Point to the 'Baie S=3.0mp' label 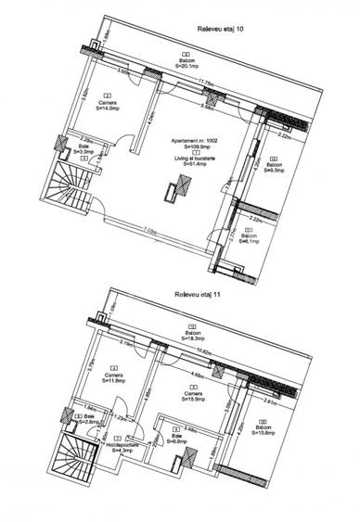[x=84, y=148]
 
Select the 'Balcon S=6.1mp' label [x=249, y=238]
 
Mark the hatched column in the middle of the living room [x=171, y=191]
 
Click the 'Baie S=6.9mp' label [x=175, y=439]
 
